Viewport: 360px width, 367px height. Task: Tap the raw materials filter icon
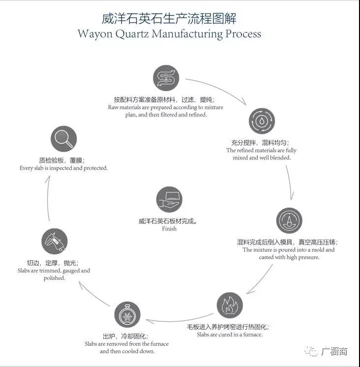tap(166, 79)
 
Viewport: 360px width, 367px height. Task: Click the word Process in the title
tap(242, 34)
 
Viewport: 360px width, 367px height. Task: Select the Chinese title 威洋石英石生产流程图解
tap(169, 19)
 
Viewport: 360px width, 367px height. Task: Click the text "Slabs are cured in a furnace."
tap(229, 335)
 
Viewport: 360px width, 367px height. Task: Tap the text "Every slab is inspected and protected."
tap(63, 168)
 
